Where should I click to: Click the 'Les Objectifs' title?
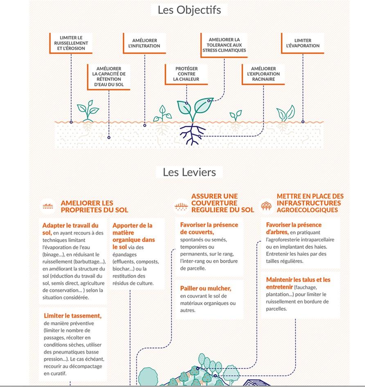(x=189, y=10)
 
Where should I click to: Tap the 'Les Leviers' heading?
(x=189, y=172)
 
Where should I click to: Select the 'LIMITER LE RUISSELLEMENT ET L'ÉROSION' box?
(x=71, y=43)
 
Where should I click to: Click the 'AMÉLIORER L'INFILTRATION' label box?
(x=144, y=43)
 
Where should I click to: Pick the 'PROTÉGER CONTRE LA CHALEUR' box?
(x=186, y=74)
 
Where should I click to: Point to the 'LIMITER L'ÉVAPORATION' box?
(x=303, y=43)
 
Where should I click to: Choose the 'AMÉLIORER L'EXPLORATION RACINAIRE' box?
(x=264, y=74)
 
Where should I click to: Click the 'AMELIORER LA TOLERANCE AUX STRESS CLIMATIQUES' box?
(x=224, y=45)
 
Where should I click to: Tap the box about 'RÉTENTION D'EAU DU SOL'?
(x=109, y=77)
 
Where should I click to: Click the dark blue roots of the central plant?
(x=192, y=134)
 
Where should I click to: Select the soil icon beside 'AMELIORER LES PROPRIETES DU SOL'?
(x=48, y=206)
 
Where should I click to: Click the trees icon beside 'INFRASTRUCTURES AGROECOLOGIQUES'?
(x=266, y=206)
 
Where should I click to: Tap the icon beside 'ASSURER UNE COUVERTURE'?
(x=181, y=206)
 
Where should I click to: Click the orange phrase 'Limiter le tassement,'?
(x=73, y=315)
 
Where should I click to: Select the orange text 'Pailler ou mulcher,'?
(x=205, y=288)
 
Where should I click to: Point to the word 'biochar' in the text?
(x=120, y=269)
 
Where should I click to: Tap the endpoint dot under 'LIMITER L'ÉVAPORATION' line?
(x=303, y=122)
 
